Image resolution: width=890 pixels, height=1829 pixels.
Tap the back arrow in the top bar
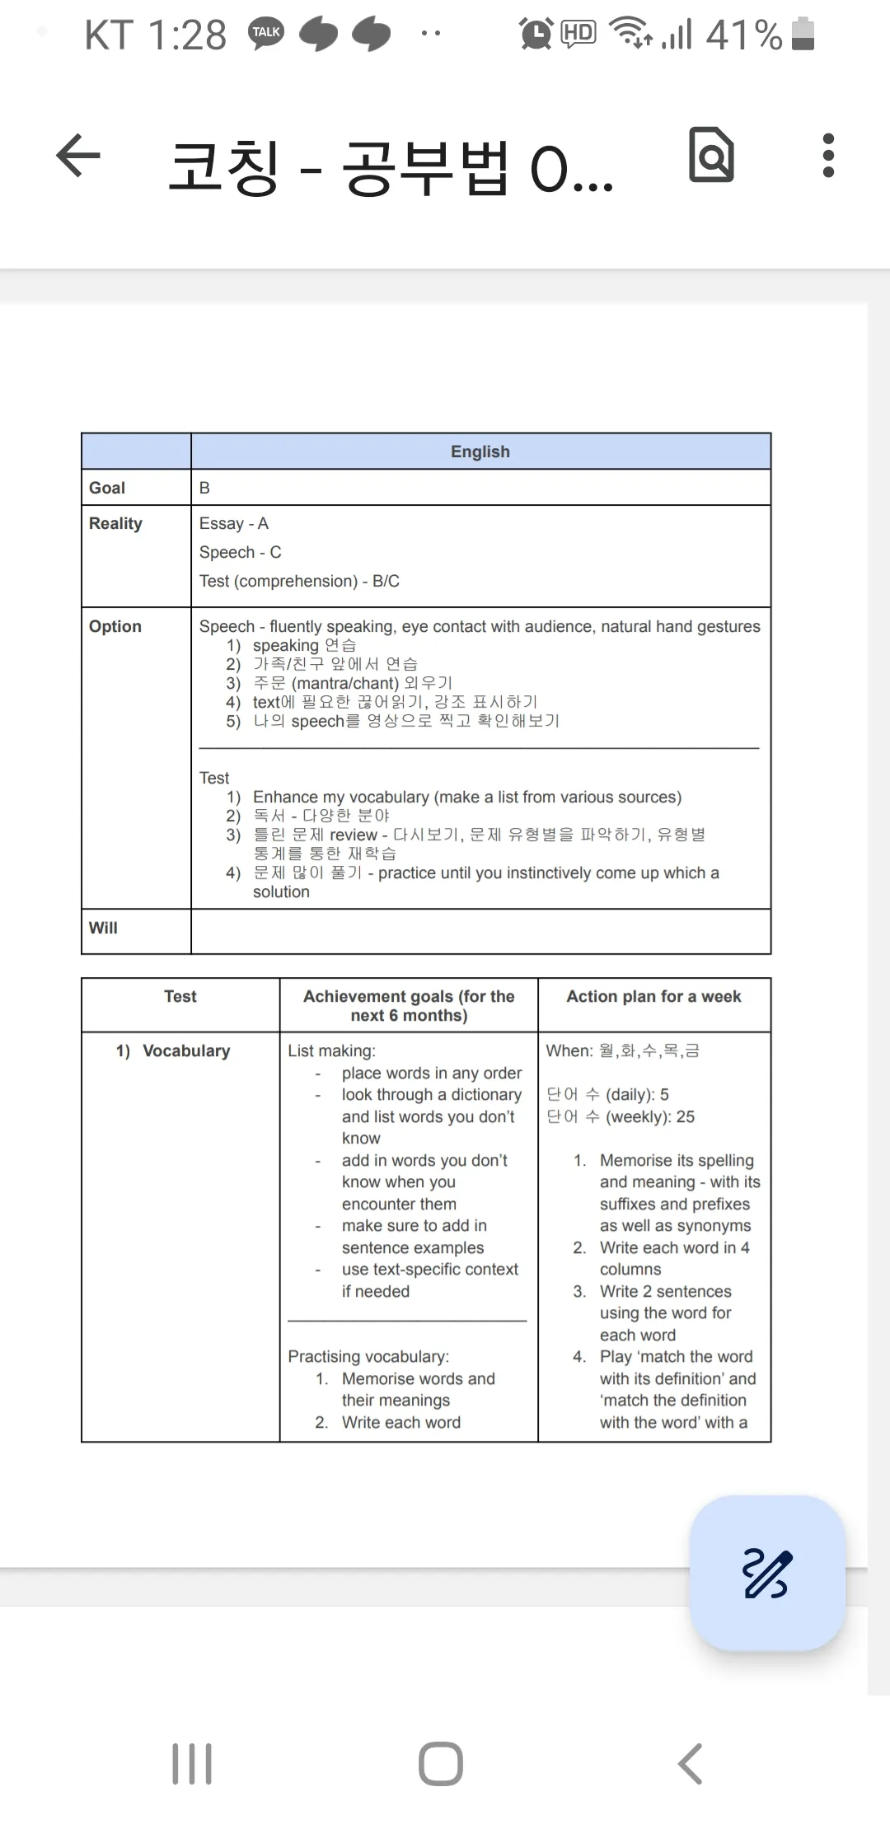(x=78, y=156)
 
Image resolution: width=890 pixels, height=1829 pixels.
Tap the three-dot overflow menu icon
(x=828, y=156)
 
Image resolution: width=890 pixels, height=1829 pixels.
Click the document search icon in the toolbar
(x=712, y=155)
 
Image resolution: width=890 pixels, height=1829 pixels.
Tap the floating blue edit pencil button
(x=767, y=1573)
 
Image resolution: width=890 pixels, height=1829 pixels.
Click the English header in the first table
(x=480, y=451)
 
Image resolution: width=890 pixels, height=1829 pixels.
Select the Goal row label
(x=107, y=488)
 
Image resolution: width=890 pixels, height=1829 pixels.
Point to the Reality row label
(x=115, y=524)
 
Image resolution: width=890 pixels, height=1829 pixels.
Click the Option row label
(x=115, y=626)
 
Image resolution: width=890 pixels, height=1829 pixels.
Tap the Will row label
(x=103, y=928)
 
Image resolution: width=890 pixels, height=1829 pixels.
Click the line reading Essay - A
(x=234, y=524)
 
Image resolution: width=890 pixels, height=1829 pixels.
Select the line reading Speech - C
(x=241, y=552)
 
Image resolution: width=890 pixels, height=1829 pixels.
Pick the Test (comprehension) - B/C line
(x=299, y=581)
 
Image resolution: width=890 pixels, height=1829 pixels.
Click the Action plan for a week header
(x=653, y=997)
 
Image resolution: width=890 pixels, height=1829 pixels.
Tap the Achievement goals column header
(x=409, y=1006)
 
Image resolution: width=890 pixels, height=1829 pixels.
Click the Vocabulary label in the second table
(x=185, y=1051)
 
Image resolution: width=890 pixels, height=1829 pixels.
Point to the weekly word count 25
(x=685, y=1117)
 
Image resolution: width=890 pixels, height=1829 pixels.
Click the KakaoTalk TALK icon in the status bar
(x=266, y=34)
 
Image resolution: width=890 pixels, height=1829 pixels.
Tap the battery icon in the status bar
(x=803, y=35)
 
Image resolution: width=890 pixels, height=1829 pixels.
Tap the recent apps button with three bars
(x=192, y=1764)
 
